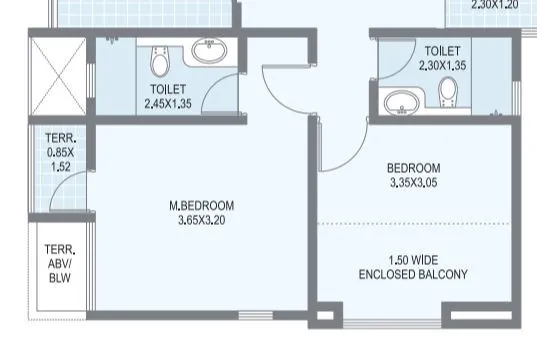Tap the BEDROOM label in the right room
(x=413, y=168)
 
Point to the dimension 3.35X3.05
(x=413, y=183)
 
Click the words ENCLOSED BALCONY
(x=414, y=273)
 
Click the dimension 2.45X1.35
(x=167, y=103)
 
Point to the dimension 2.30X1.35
(x=442, y=65)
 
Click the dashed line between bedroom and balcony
(x=413, y=224)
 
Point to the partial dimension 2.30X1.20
(x=495, y=4)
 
